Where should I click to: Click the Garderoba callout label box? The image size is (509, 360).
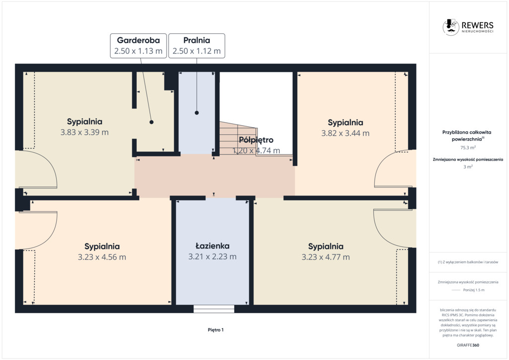[138, 46]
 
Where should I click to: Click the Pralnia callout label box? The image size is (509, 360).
[197, 46]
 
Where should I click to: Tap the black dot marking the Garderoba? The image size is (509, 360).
[152, 122]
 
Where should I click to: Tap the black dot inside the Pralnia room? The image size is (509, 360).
[197, 113]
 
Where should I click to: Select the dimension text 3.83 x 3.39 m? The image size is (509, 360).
[85, 132]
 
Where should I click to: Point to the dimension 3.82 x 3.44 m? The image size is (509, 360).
[345, 133]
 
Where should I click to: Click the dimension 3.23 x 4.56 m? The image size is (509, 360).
[102, 258]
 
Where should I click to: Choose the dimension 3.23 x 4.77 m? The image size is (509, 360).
[326, 258]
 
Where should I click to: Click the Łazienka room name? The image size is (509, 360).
[213, 246]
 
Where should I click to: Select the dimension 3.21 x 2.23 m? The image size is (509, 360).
[213, 257]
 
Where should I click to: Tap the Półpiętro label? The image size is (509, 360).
[256, 140]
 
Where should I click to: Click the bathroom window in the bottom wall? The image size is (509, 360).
[214, 309]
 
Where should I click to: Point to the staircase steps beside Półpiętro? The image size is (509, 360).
[238, 138]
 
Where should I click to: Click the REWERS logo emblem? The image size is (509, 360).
[450, 27]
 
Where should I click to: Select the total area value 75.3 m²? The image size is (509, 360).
[468, 148]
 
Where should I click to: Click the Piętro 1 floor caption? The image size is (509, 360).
[216, 330]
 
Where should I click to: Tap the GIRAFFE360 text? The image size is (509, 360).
[468, 346]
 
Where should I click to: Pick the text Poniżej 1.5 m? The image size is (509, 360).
[474, 290]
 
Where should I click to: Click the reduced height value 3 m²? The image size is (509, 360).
[468, 167]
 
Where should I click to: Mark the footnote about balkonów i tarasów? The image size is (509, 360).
[468, 262]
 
